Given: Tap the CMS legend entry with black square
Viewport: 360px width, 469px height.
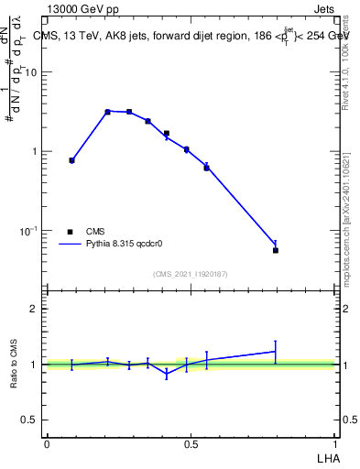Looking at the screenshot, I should [88, 232].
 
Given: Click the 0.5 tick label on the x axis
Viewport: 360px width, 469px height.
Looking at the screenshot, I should [191, 443].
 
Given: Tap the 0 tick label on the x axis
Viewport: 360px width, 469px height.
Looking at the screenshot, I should [47, 443].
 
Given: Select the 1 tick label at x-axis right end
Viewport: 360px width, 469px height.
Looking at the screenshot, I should [336, 443].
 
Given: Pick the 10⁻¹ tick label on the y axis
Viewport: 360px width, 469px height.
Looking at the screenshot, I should [28, 230].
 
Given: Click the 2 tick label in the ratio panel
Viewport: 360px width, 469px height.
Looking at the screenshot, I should [35, 309].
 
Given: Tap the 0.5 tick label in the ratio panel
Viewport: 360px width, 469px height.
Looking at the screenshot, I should [29, 420].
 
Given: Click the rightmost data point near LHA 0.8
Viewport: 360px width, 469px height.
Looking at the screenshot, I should [276, 250].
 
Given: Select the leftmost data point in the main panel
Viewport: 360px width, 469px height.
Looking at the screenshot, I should [72, 160].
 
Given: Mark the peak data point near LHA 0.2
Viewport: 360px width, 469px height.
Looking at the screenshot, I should [107, 112].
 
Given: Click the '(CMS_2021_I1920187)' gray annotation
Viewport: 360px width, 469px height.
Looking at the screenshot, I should [191, 274].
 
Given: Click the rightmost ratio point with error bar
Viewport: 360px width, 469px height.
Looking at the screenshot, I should [276, 351].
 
